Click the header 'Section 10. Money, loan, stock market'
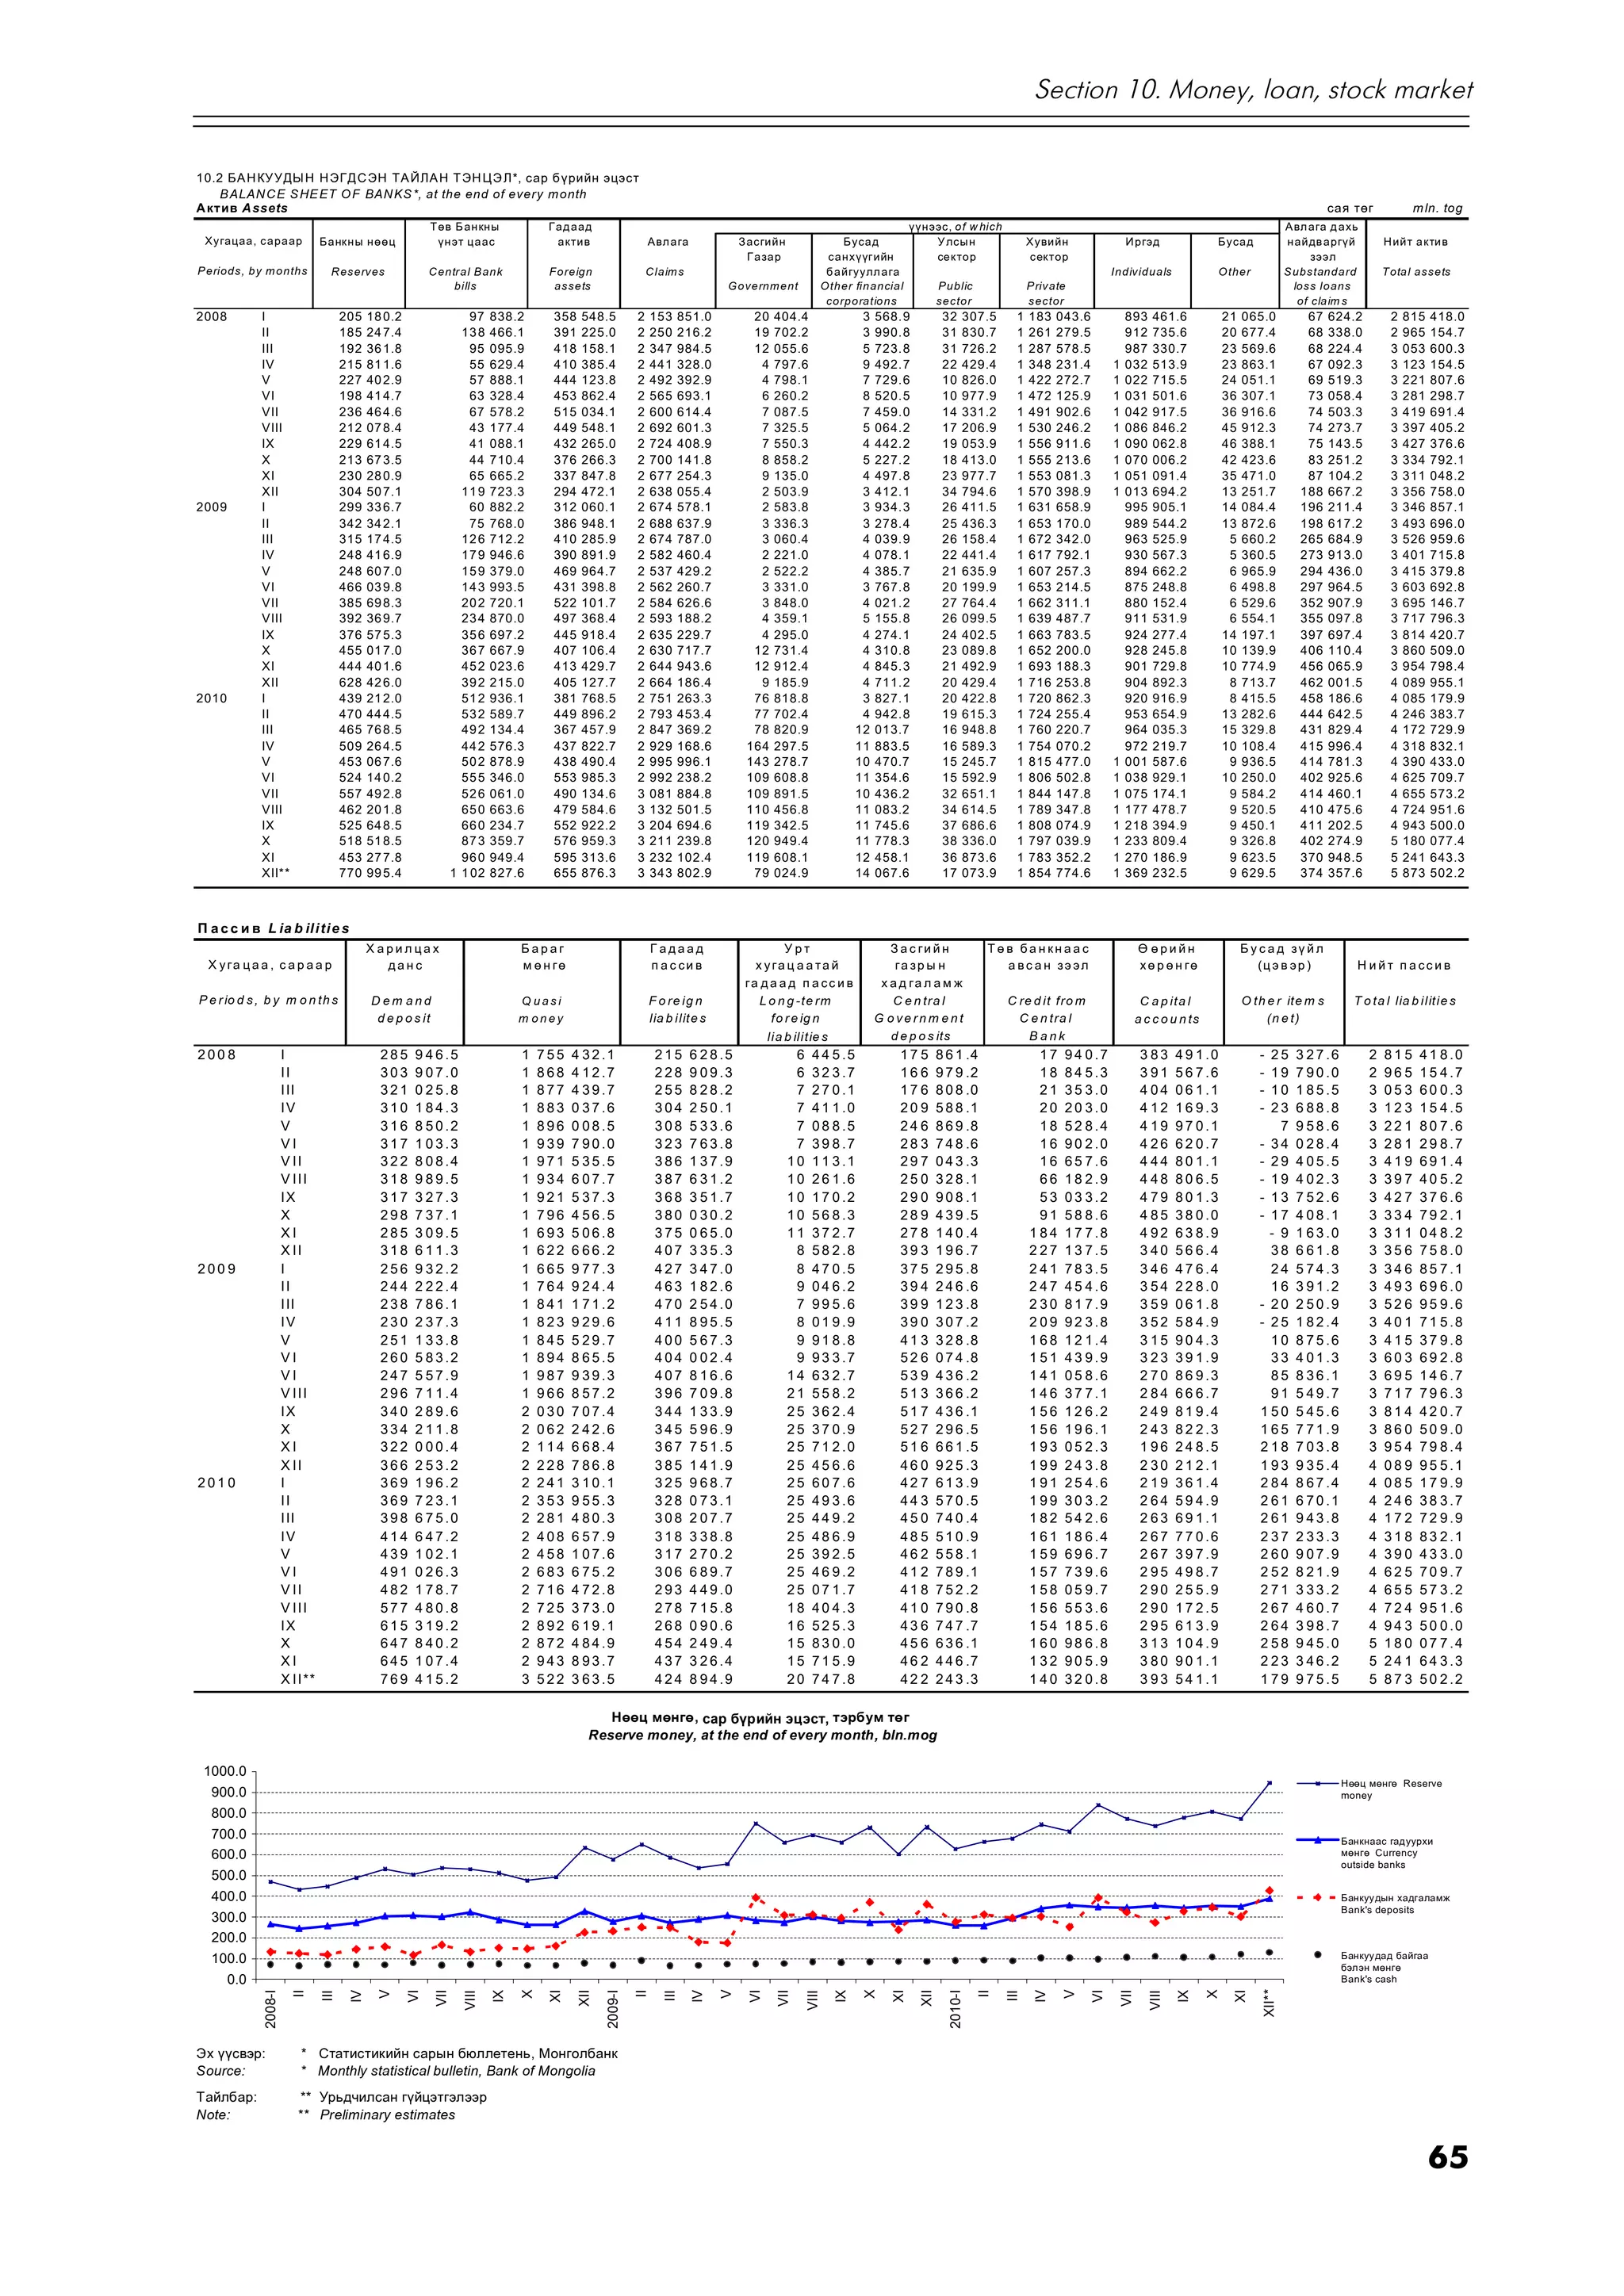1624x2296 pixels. (1253, 90)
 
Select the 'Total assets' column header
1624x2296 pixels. (1415, 271)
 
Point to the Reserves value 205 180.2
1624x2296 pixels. (370, 316)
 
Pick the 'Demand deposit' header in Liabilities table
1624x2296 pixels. (401, 1009)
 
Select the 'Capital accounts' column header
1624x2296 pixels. (1166, 1009)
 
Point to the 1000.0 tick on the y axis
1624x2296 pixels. (225, 1771)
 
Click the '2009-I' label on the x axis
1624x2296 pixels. (613, 2010)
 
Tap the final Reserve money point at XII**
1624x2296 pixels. (1269, 1782)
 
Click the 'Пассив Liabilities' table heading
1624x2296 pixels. (273, 928)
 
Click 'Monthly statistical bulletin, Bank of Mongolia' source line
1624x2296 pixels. (456, 2071)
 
